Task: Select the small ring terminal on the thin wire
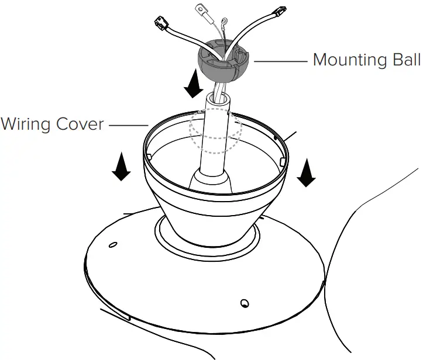224,26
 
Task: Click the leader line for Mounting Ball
280,60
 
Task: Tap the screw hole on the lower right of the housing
244,303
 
